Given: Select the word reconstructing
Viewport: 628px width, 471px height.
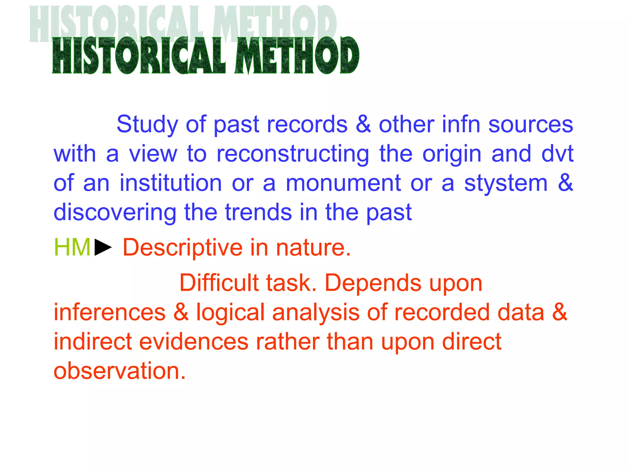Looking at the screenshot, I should tap(293, 154).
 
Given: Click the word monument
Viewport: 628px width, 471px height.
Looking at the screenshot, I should tap(343, 183).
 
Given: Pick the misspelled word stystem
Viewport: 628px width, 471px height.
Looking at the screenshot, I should tap(506, 183).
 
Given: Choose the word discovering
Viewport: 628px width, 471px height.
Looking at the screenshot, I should tap(115, 213).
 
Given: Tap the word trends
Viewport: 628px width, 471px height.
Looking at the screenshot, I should tap(258, 212).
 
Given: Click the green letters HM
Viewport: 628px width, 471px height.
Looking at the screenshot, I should tap(72, 247).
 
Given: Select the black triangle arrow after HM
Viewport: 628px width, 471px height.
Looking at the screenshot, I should tap(103, 247).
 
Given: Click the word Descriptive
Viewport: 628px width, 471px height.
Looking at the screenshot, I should tap(182, 248).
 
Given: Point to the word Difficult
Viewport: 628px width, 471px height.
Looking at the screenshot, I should tap(219, 283).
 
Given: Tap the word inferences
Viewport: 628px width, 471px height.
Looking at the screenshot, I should tap(110, 312).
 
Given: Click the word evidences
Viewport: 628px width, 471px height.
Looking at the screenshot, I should tap(194, 342).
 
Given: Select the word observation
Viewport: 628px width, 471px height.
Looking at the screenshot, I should tap(120, 371).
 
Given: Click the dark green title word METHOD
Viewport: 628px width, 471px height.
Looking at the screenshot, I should tap(297, 56).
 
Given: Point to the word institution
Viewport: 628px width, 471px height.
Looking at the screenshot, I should tap(170, 183).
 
